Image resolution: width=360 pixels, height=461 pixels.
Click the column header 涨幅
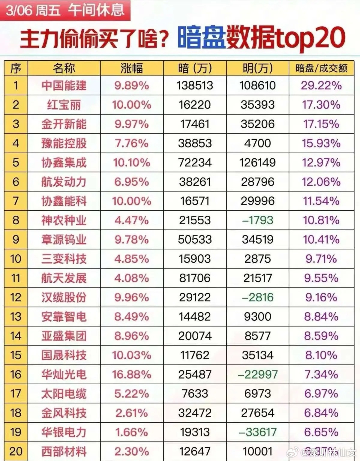(x=131, y=68)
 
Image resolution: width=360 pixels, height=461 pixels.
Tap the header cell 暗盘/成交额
(x=321, y=68)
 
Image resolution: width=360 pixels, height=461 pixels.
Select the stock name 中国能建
(x=64, y=86)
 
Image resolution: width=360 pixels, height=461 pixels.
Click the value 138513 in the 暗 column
(x=195, y=86)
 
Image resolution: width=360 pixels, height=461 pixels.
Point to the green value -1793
(x=257, y=220)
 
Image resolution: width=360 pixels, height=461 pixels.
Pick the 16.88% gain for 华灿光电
(x=131, y=374)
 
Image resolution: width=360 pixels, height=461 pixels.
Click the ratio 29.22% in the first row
(x=321, y=86)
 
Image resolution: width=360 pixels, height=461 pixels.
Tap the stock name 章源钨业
(x=64, y=240)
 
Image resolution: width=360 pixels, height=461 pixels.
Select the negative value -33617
(x=257, y=432)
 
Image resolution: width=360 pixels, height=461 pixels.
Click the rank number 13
(x=16, y=317)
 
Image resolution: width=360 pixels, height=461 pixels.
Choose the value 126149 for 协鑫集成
(x=257, y=163)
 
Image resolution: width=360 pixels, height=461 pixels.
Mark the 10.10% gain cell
(x=131, y=163)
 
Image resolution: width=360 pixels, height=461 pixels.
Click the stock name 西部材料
(x=64, y=451)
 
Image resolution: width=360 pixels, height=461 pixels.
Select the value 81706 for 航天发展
(x=195, y=278)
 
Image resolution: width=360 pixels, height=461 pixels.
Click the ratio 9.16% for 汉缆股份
(x=321, y=298)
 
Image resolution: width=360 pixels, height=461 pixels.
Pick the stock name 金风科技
(x=64, y=413)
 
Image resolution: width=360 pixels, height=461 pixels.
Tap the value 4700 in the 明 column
(x=257, y=143)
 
